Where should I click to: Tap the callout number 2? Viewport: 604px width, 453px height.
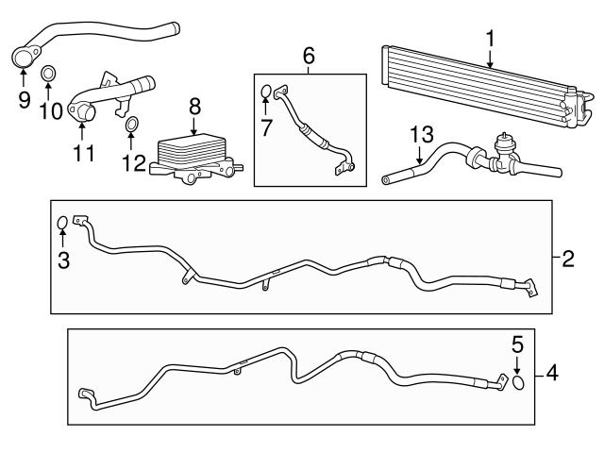568,259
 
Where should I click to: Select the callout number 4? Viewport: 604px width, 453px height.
553,373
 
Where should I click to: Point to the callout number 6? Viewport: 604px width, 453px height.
308,55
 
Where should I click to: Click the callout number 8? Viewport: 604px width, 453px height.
194,104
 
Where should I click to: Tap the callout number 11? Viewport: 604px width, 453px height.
84,152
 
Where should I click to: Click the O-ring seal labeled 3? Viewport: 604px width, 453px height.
62,224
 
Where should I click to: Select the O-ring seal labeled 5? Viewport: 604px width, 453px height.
518,383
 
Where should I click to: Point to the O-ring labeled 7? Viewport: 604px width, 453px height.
266,92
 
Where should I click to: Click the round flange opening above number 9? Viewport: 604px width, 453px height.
24,59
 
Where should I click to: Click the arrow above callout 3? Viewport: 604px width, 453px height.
62,241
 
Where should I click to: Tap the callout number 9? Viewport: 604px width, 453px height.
24,98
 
